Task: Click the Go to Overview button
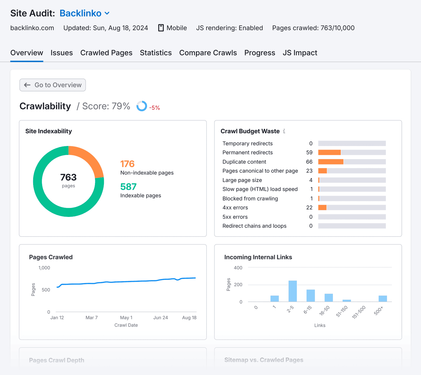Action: [53, 85]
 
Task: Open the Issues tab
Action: [62, 53]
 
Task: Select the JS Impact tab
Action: [300, 53]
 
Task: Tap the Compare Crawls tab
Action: [208, 53]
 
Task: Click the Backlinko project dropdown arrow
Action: [107, 13]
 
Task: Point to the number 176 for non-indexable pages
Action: [127, 164]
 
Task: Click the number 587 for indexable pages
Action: [128, 187]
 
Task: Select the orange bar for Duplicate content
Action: [330, 162]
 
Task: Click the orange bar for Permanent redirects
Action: [329, 153]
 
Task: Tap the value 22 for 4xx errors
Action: [309, 208]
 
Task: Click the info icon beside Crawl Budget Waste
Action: [284, 131]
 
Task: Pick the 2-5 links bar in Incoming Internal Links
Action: [293, 291]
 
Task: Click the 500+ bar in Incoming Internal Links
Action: [383, 299]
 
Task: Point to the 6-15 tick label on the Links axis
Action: [307, 310]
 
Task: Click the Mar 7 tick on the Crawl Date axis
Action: [92, 317]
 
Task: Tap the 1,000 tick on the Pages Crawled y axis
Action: [44, 268]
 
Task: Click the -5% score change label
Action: [154, 108]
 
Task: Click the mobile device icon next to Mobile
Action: [161, 28]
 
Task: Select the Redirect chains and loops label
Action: [254, 226]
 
